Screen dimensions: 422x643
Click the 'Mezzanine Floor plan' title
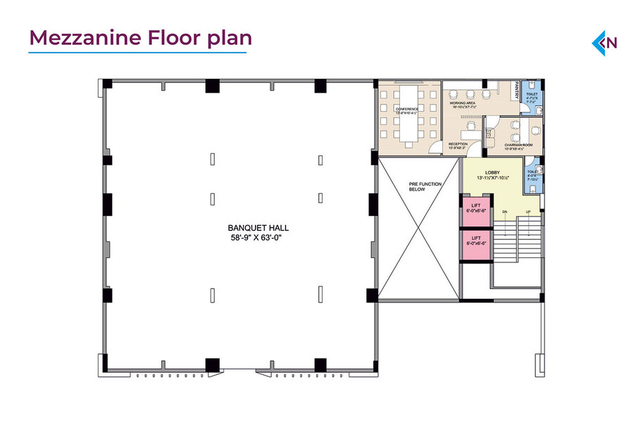click(x=139, y=37)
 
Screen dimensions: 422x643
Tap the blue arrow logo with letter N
click(x=604, y=42)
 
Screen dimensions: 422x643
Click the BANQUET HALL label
click(x=258, y=229)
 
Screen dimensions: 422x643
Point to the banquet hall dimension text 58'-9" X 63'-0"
click(x=258, y=238)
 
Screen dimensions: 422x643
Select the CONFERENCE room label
click(x=406, y=109)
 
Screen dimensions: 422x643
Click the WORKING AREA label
click(x=463, y=104)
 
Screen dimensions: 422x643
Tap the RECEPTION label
click(x=458, y=144)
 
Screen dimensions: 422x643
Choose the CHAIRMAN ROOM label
click(x=518, y=145)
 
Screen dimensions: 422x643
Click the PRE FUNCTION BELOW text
click(x=425, y=186)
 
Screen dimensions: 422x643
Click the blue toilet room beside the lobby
click(x=532, y=177)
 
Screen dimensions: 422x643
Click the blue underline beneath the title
click(x=138, y=52)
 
